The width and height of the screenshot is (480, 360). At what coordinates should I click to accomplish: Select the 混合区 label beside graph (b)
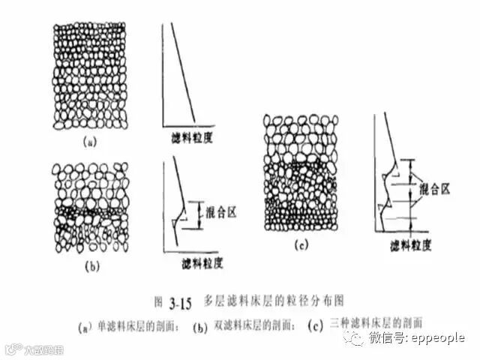tap(220, 213)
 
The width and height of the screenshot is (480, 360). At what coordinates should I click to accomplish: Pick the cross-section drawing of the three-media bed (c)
tap(298, 176)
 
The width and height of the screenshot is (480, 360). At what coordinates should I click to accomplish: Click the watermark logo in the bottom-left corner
tap(34, 349)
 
